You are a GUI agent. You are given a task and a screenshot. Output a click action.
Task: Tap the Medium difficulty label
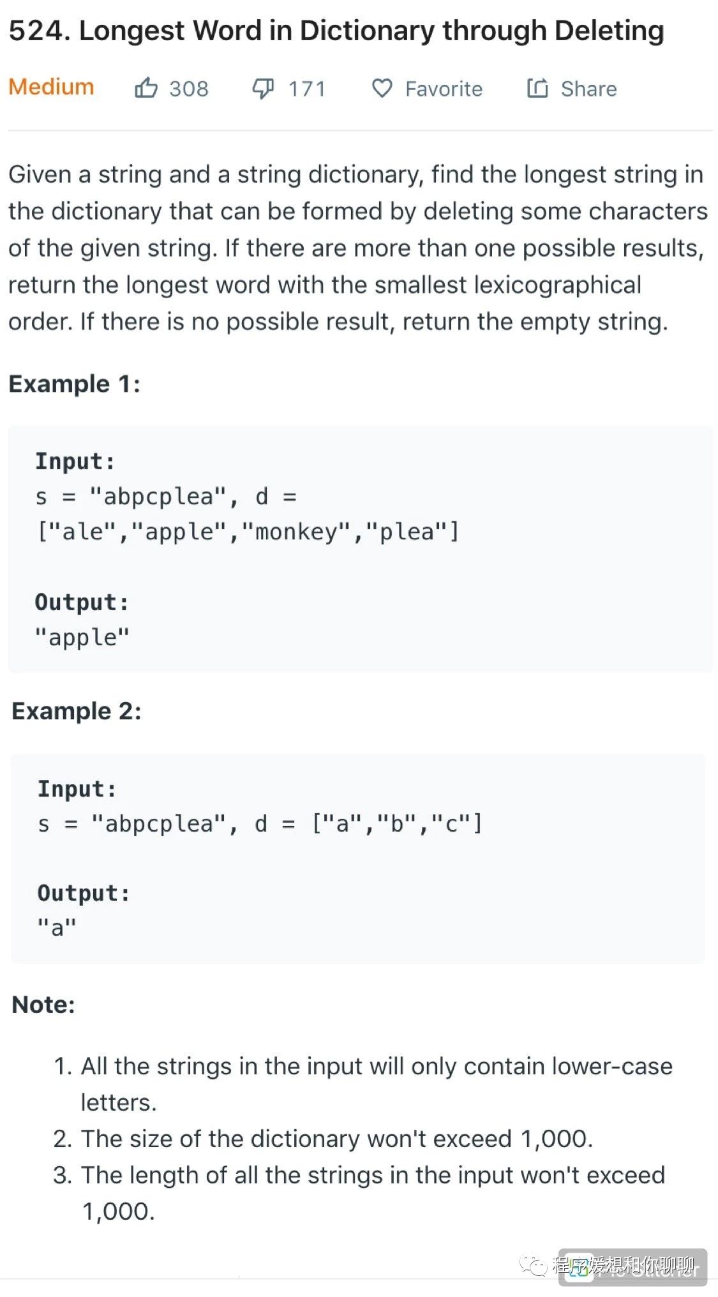[51, 87]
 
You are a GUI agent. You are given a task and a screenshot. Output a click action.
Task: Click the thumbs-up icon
[146, 88]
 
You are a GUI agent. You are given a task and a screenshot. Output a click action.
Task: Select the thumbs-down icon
[263, 88]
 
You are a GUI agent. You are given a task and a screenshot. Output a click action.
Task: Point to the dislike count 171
[307, 89]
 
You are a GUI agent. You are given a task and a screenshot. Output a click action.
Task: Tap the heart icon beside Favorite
[382, 88]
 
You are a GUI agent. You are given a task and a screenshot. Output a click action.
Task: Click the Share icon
[537, 88]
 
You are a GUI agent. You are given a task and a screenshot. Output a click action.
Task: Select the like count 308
[189, 89]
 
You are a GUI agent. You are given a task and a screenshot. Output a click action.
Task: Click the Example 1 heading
[74, 384]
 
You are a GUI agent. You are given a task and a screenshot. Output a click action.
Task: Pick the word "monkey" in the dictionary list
[297, 532]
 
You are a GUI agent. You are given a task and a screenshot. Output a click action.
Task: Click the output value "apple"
[82, 637]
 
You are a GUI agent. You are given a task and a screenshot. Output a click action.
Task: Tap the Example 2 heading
[77, 711]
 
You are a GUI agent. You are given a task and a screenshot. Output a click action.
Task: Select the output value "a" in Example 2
[57, 927]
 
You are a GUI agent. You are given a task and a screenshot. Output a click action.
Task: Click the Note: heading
[43, 1005]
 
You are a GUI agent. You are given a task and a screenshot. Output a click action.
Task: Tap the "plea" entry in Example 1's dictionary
[407, 532]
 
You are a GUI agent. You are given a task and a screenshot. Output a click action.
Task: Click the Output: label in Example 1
[82, 602]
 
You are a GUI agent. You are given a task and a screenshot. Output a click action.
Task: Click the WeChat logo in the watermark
[533, 1265]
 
